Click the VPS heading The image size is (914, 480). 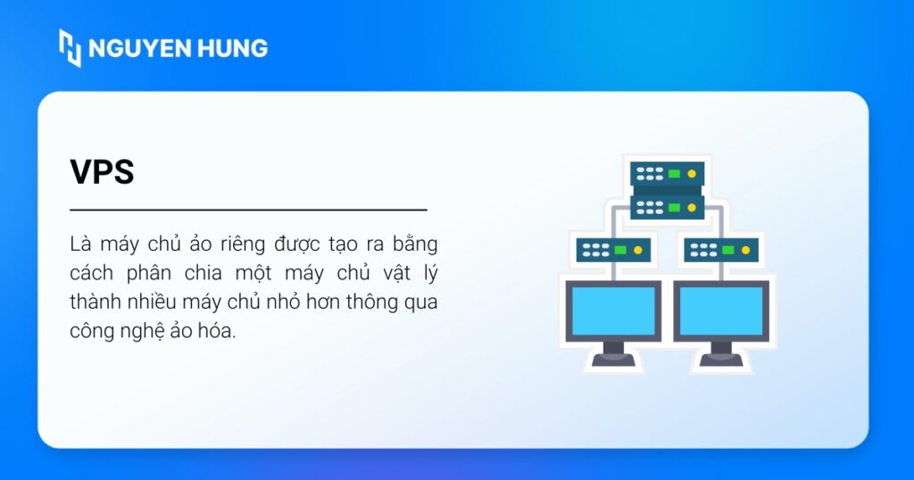pos(102,172)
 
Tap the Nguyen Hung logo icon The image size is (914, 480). pos(70,47)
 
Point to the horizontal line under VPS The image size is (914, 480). pos(248,211)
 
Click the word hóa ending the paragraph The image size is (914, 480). pos(218,331)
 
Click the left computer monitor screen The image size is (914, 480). pos(612,310)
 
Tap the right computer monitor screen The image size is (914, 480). pos(721,310)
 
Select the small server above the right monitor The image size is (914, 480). pos(721,250)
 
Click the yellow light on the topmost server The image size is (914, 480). pos(691,173)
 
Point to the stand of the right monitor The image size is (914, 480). pos(721,352)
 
